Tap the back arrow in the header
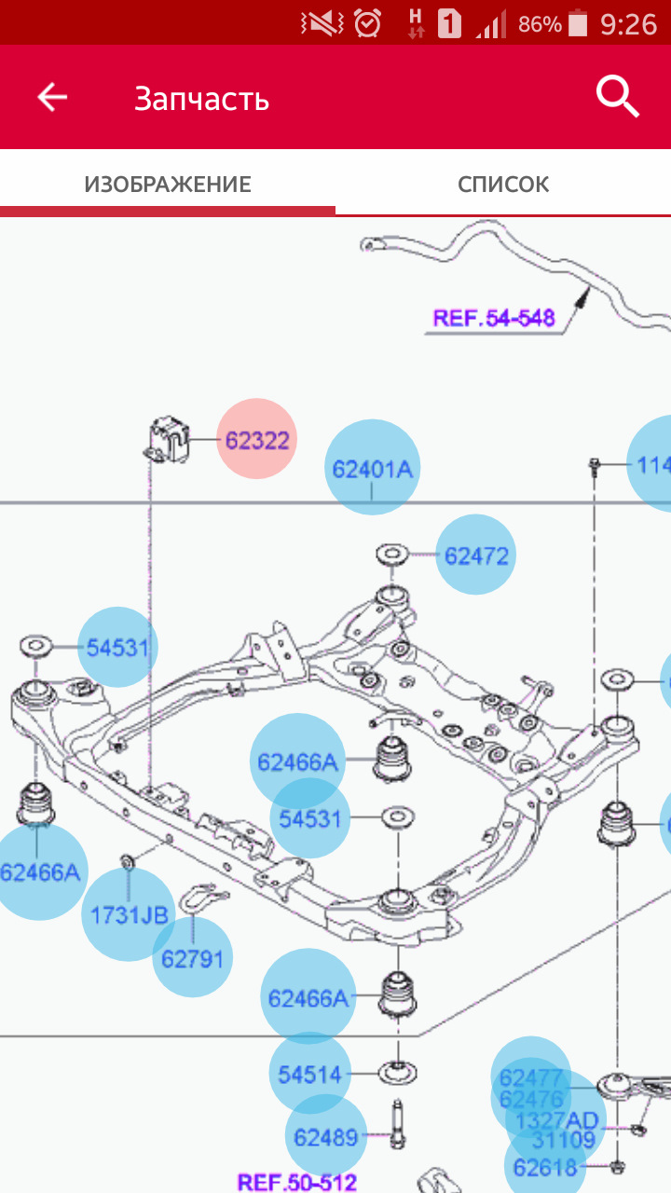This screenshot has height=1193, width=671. click(52, 97)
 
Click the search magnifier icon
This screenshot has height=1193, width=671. click(617, 96)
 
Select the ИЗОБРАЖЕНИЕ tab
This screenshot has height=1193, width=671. click(168, 184)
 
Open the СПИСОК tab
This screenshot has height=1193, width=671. click(503, 184)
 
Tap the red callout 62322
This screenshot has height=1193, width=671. click(256, 440)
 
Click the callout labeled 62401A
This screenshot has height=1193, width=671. click(372, 468)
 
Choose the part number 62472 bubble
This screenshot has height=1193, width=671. click(476, 555)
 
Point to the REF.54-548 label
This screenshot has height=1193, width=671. click(493, 318)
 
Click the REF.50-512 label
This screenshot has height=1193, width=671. click(297, 1182)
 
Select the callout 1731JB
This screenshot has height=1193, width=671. click(129, 914)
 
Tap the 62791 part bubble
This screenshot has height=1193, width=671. click(193, 957)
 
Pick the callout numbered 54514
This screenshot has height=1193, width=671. click(310, 1074)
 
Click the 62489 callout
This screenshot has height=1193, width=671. click(325, 1136)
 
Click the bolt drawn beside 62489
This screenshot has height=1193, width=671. click(398, 1128)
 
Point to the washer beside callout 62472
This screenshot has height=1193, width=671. click(391, 555)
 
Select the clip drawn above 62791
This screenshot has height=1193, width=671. click(199, 898)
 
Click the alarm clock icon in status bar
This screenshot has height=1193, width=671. click(369, 23)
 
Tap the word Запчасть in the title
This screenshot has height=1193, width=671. click(201, 98)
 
